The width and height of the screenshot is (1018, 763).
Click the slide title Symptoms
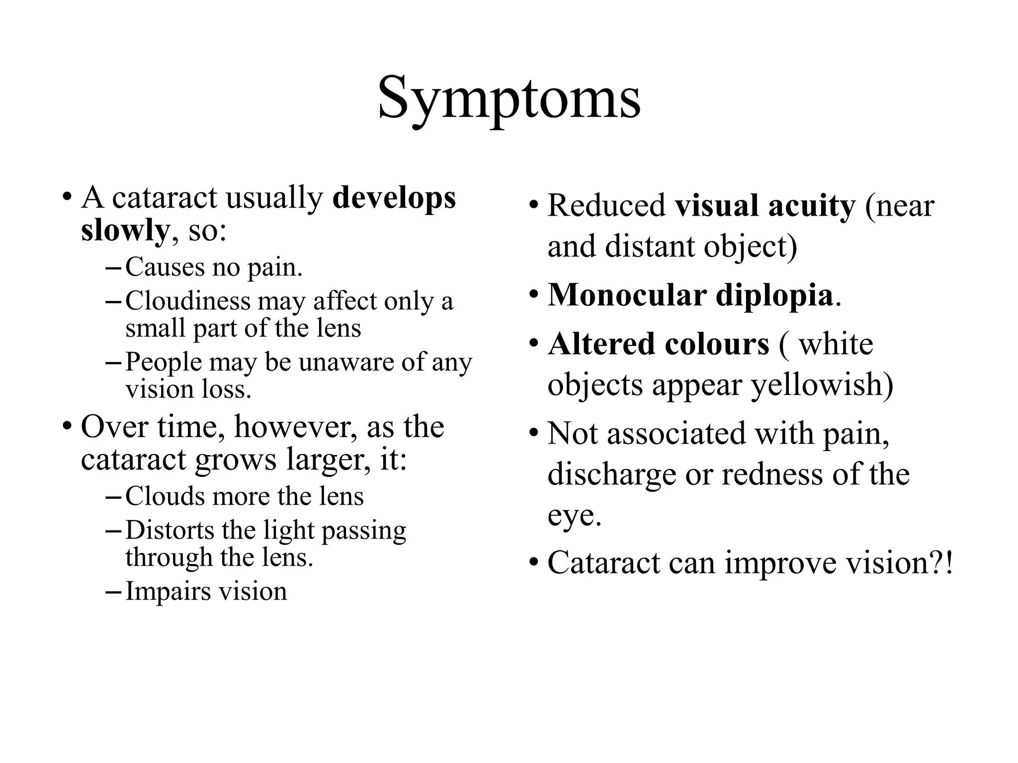pyautogui.click(x=509, y=99)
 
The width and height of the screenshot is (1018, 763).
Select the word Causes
pyautogui.click(x=165, y=267)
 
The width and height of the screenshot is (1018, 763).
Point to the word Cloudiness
pyautogui.click(x=188, y=301)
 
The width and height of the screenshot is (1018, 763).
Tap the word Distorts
pyautogui.click(x=170, y=530)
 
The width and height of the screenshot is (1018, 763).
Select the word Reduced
pyautogui.click(x=606, y=206)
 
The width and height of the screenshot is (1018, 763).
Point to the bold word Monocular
pyautogui.click(x=627, y=295)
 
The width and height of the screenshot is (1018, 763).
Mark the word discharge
pyautogui.click(x=611, y=474)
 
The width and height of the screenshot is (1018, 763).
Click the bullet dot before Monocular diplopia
pyautogui.click(x=534, y=295)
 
